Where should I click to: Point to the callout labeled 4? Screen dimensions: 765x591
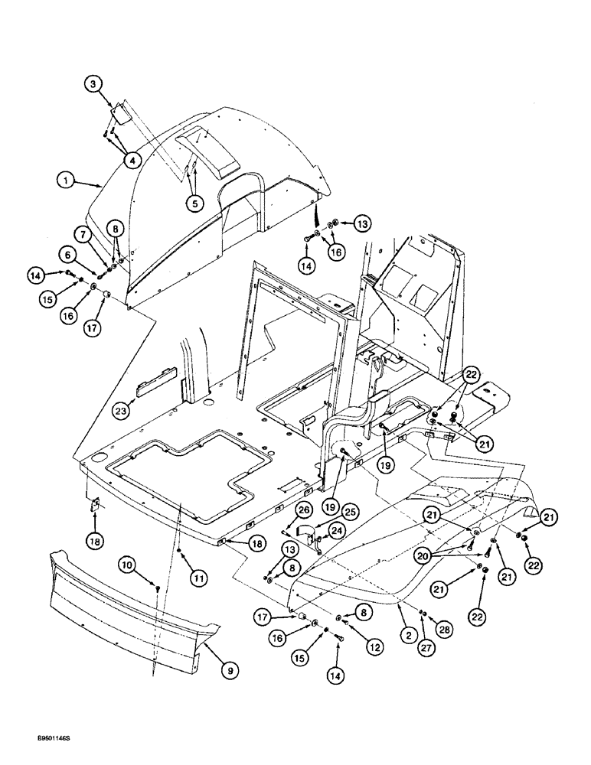tap(133, 160)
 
